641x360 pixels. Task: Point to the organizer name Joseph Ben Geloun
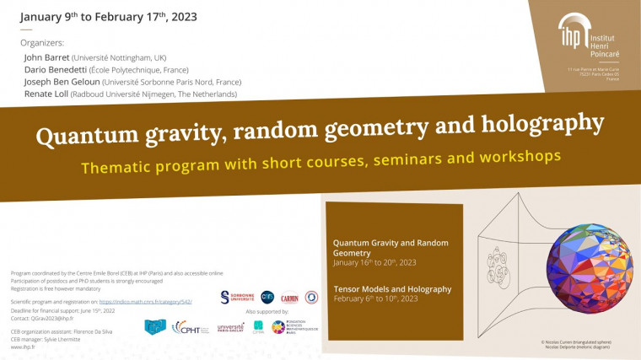coord(62,82)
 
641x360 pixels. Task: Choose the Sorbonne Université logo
coord(235,297)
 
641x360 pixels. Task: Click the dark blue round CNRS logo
coord(267,296)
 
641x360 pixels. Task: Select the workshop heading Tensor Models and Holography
coord(392,289)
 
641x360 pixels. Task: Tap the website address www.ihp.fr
coord(23,346)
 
